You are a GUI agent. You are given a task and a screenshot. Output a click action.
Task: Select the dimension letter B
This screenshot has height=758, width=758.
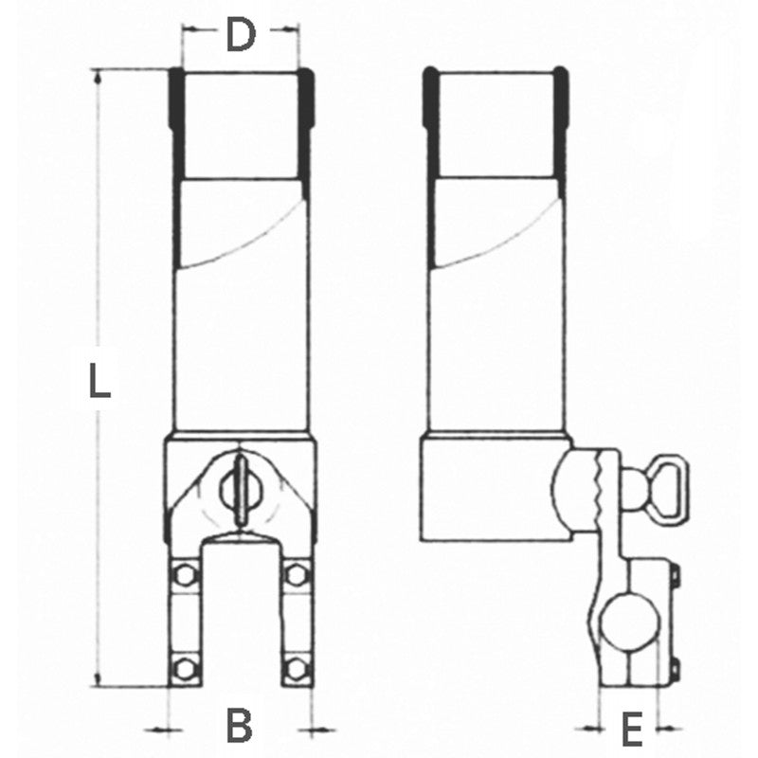[241, 727]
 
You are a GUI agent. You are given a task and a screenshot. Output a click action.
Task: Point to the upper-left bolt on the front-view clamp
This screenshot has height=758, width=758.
[186, 575]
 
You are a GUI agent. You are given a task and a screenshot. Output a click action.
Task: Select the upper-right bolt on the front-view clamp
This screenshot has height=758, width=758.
[297, 575]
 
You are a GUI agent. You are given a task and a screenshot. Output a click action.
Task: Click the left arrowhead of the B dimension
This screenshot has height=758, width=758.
[162, 728]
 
